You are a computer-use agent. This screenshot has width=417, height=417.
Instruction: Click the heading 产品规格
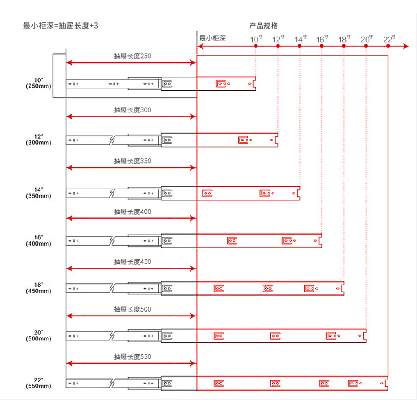(x=263, y=26)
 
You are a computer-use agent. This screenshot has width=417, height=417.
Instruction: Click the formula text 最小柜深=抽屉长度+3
(x=61, y=26)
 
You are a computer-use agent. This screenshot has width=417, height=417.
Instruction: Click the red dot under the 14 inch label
(x=300, y=46)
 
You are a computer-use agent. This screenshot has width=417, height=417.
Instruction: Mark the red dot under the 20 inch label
(x=366, y=46)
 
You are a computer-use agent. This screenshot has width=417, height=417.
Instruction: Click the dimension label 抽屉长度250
(x=132, y=56)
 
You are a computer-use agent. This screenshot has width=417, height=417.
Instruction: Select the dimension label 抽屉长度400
(x=132, y=212)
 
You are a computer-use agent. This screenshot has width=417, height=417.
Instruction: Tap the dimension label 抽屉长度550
(x=132, y=357)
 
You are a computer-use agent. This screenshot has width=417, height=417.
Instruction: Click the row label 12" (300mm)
(x=39, y=140)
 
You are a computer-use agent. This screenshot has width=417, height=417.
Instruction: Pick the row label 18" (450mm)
(x=39, y=288)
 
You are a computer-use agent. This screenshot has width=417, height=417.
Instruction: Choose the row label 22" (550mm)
(x=39, y=383)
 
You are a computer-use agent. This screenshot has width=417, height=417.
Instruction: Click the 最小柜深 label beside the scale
(x=212, y=39)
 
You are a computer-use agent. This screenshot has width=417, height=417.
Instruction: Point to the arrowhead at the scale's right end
(x=406, y=46)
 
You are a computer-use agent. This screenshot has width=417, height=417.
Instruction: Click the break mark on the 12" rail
(x=112, y=140)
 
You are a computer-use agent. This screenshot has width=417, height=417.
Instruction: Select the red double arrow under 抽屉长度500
(x=131, y=316)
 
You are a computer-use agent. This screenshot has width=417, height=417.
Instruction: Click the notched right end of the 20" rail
(x=364, y=336)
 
